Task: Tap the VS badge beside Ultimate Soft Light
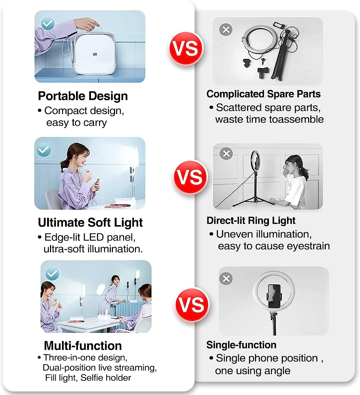tap(190, 177)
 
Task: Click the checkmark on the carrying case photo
tap(48, 24)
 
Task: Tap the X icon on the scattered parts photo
tap(226, 29)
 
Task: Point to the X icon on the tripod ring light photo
tap(226, 154)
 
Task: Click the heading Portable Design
tap(83, 96)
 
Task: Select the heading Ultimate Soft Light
tap(90, 223)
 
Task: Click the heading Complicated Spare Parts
tap(263, 94)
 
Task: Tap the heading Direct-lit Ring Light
tap(251, 220)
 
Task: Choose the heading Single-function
tap(241, 345)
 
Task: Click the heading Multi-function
tap(83, 346)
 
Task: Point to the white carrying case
tap(91, 55)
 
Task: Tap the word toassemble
tap(298, 119)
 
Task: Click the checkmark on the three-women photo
tap(52, 274)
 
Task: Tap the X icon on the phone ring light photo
tap(226, 279)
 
